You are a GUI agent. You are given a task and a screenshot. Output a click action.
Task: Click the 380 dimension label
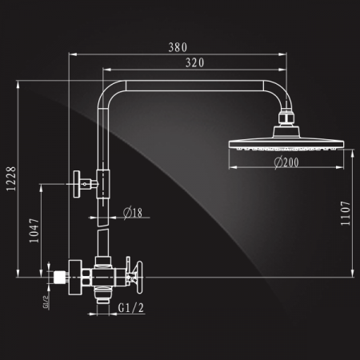(178, 47)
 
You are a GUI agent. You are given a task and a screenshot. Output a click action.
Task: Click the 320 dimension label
(195, 63)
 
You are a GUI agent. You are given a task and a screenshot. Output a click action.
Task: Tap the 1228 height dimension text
(11, 179)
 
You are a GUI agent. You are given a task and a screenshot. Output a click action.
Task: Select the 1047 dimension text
(34, 230)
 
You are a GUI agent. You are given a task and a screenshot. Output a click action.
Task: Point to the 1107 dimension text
(346, 214)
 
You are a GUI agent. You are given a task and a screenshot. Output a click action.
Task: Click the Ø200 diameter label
(286, 162)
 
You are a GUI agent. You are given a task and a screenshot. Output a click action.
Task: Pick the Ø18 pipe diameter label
(133, 213)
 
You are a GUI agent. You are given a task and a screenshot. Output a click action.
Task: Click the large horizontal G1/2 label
(131, 308)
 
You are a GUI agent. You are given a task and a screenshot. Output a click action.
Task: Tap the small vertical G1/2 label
(46, 302)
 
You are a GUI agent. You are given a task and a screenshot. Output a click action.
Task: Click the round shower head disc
(286, 144)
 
